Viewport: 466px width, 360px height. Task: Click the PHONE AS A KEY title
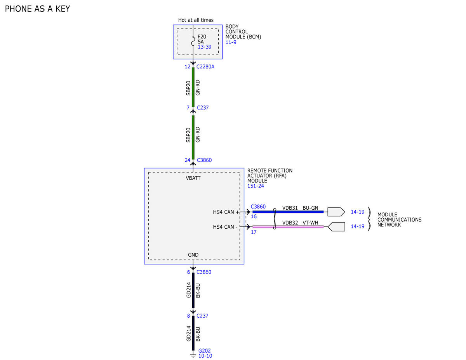pos(37,9)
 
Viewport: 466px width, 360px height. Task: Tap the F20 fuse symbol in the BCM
pos(193,41)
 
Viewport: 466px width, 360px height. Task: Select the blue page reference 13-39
pos(204,47)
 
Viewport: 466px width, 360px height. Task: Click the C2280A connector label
pos(205,67)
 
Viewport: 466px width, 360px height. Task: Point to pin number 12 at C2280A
pos(188,67)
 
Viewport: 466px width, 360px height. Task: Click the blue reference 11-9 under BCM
pos(231,42)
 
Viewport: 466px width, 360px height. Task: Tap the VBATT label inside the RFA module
pos(193,178)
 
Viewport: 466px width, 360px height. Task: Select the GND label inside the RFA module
pos(193,255)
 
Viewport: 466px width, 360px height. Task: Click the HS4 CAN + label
pos(226,212)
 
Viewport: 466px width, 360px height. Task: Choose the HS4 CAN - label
pos(225,227)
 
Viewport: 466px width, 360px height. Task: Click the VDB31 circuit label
pos(290,208)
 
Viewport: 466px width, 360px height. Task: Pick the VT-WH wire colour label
pos(310,223)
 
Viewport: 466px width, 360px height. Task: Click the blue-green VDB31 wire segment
pos(288,212)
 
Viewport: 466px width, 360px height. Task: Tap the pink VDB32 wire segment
pos(288,227)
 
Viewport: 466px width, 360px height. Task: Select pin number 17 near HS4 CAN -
pos(254,232)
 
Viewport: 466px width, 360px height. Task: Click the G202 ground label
pos(204,351)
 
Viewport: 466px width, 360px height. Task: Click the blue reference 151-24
pos(256,186)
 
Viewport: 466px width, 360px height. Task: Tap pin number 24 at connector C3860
pos(188,160)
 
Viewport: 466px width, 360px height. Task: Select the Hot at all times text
pos(196,20)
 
